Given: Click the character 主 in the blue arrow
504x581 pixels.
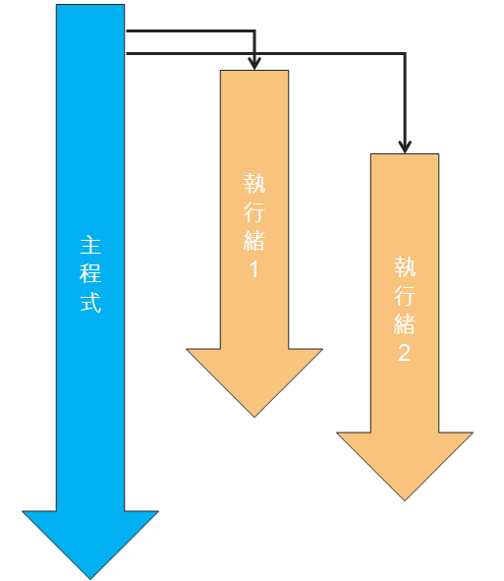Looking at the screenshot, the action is click(90, 245).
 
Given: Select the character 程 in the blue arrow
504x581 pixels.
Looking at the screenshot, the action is click(90, 273).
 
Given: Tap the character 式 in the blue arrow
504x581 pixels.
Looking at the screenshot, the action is click(90, 303).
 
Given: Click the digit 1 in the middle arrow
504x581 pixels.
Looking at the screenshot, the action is click(254, 269).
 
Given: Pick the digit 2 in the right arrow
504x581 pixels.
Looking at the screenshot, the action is click(404, 352).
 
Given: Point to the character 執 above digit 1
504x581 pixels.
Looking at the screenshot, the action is click(254, 183).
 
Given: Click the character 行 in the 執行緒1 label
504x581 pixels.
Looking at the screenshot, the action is click(254, 212).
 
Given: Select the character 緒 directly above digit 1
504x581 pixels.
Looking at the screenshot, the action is click(254, 241).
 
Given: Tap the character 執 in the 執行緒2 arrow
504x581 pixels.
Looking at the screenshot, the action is click(405, 266).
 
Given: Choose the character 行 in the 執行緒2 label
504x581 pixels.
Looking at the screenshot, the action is click(405, 295).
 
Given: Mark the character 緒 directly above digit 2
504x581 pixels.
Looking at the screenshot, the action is click(405, 324).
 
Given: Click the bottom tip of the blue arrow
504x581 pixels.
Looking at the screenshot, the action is click(90, 579).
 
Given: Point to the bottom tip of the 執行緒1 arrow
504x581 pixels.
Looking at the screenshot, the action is click(254, 417).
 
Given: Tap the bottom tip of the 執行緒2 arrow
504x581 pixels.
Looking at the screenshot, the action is click(405, 501).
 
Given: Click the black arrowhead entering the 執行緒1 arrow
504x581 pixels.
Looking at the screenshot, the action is click(254, 64).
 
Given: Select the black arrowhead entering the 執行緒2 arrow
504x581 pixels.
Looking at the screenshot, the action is click(405, 147).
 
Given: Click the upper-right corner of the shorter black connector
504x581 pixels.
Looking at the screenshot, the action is click(254, 30).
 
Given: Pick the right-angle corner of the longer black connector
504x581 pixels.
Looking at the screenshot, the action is click(405, 54).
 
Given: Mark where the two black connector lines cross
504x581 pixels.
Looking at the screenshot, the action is click(254, 54).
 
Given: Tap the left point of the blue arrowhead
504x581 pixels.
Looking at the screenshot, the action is click(23, 511).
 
